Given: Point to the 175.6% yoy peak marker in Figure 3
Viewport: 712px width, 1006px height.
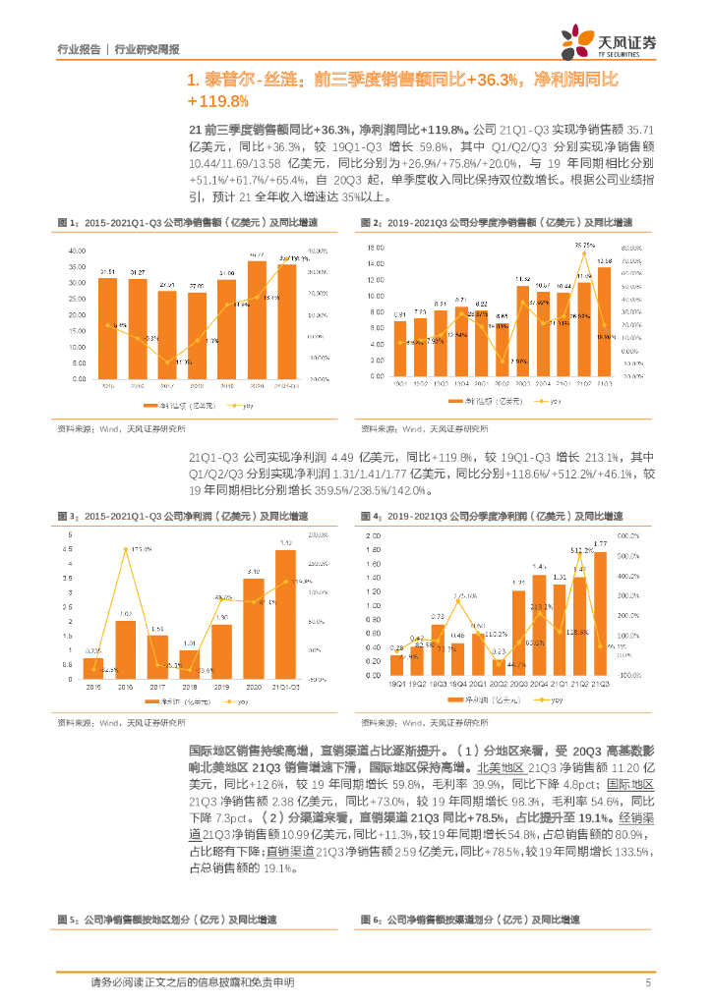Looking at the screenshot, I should click(126, 551).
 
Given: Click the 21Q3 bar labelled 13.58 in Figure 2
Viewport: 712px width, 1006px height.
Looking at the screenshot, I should click(604, 324).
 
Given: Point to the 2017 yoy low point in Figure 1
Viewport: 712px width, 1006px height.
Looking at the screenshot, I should click(168, 360).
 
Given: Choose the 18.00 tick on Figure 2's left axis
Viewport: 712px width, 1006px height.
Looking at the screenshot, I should click(376, 249).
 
